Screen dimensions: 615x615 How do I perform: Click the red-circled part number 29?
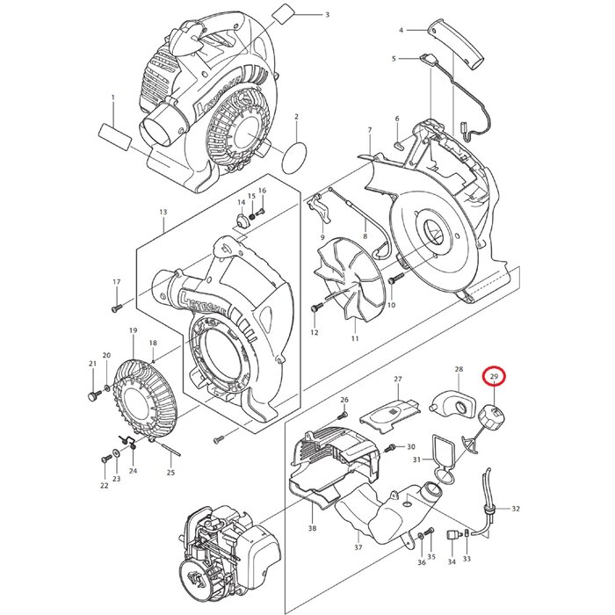pos(495,378)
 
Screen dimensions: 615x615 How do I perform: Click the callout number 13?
pos(163,213)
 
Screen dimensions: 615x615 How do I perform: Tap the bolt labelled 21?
pos(91,397)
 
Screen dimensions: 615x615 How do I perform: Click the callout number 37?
pos(358,547)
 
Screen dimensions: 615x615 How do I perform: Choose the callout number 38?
pos(313,529)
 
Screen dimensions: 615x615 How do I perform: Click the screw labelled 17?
pos(116,307)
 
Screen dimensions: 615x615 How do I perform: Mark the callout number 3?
pos(327,15)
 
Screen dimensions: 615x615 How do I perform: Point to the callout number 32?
pos(516,509)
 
